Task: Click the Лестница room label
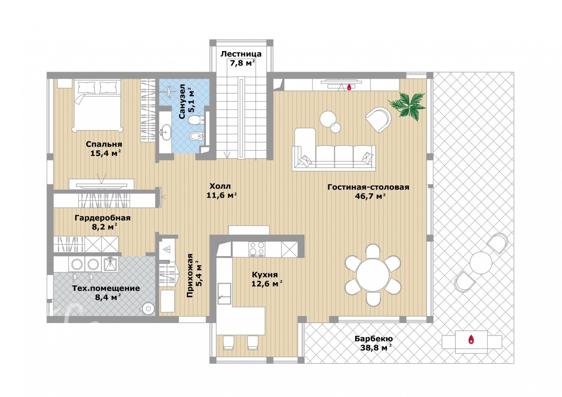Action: tap(241, 54)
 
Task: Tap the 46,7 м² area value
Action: tap(370, 196)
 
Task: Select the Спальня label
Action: tap(104, 145)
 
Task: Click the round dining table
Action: tap(373, 275)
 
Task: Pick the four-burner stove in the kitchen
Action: tap(257, 249)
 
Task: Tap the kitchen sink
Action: tap(224, 294)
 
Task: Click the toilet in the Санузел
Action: tap(196, 120)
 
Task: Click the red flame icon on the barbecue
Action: tap(471, 339)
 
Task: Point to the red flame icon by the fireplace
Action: tap(349, 87)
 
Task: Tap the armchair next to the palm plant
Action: tap(379, 119)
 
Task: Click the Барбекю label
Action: tap(374, 339)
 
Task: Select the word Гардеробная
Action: tap(103, 218)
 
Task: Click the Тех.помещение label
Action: tap(106, 288)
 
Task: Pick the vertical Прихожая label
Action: tap(190, 275)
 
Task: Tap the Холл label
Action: tap(220, 186)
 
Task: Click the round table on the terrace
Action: tap(481, 263)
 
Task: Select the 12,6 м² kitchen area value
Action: tap(267, 284)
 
